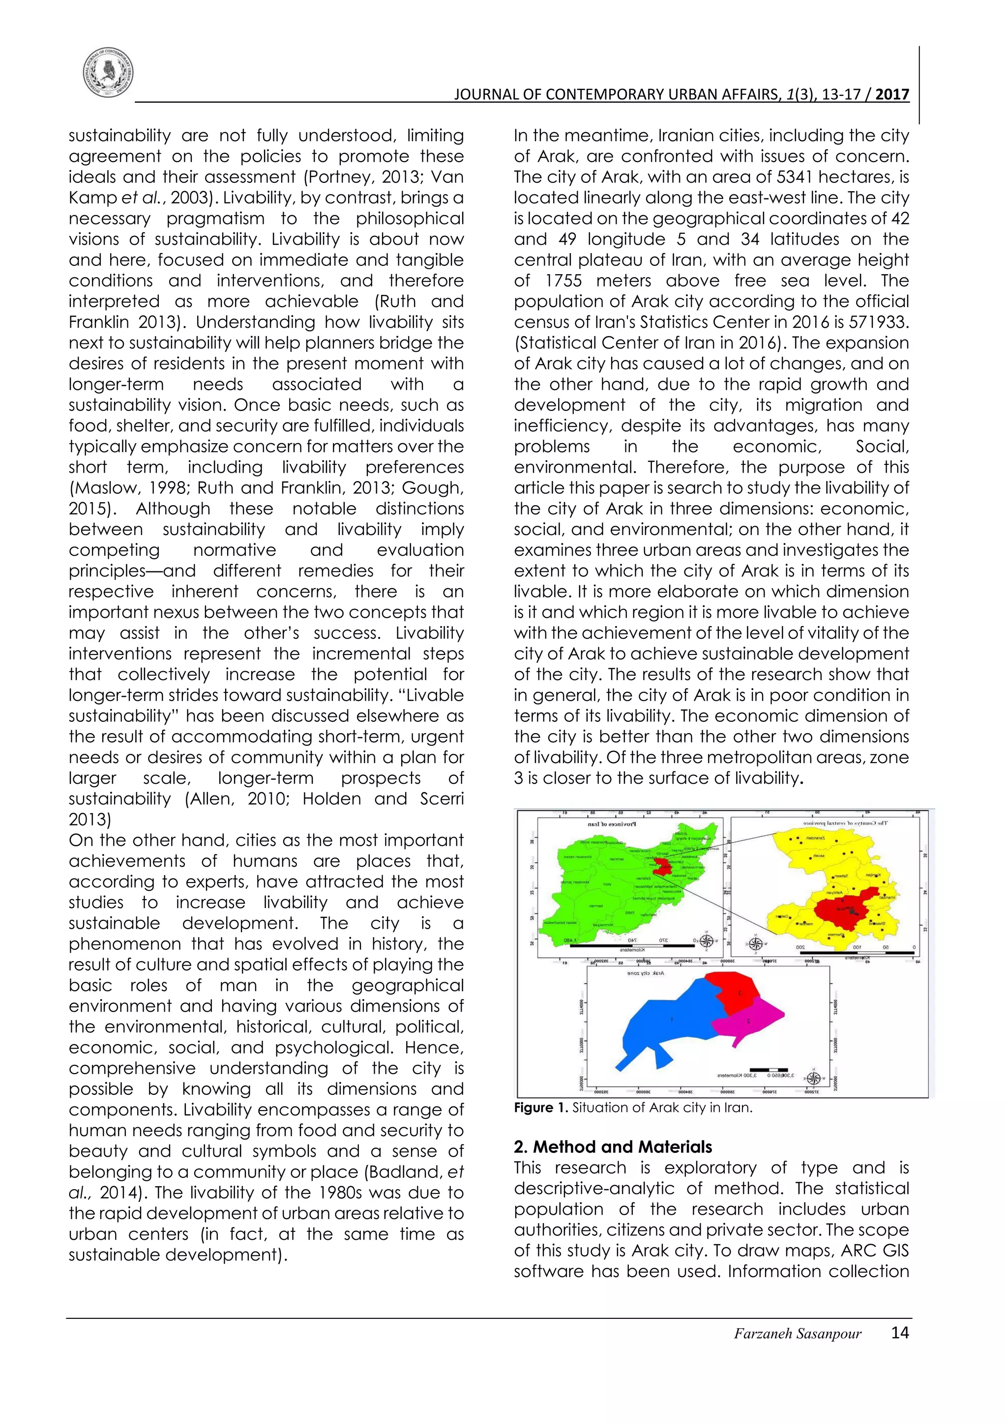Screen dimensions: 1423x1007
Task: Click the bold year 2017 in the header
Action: tap(892, 94)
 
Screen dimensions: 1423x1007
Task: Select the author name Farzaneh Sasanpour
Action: tap(798, 1334)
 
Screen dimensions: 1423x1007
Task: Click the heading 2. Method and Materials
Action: tap(613, 1146)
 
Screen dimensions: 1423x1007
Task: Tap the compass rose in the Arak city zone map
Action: tap(814, 1079)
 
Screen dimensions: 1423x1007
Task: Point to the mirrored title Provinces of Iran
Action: tap(611, 825)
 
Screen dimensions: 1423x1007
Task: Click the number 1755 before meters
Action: tap(563, 281)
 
